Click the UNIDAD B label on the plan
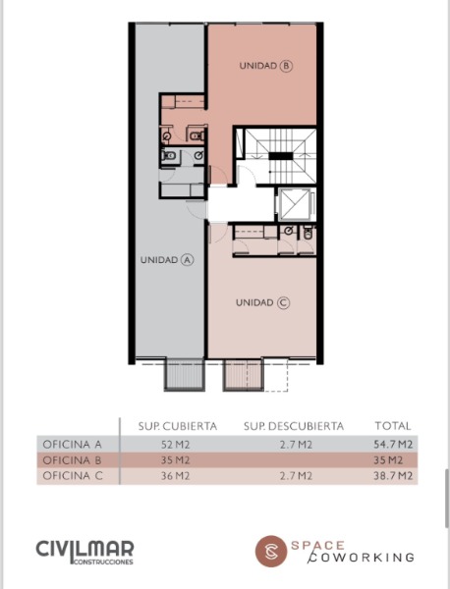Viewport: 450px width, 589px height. pos(266,66)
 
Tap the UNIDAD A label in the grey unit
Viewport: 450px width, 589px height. pos(167,259)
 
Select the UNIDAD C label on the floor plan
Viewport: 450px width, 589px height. pos(262,302)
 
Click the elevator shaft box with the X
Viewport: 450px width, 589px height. pos(295,204)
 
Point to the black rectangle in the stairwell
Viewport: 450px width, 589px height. pos(280,156)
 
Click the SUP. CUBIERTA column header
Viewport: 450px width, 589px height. pos(178,426)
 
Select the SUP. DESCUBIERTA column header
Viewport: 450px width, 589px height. pos(294,426)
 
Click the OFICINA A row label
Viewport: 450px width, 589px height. pos(72,445)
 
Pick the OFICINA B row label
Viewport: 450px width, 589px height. pos(72,460)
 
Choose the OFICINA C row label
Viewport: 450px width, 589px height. pos(73,476)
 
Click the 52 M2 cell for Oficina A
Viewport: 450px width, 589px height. pos(175,445)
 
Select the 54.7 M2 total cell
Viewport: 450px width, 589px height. pos(393,445)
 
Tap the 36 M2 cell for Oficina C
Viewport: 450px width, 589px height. pos(175,476)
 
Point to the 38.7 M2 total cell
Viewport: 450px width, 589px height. pos(393,476)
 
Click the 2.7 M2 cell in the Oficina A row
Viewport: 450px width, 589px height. pos(296,445)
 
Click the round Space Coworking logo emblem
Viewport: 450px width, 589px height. pos(271,551)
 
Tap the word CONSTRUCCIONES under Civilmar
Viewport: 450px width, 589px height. pos(103,562)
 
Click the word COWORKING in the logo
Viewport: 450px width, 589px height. pos(362,558)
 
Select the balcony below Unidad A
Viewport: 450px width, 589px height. pos(185,375)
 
